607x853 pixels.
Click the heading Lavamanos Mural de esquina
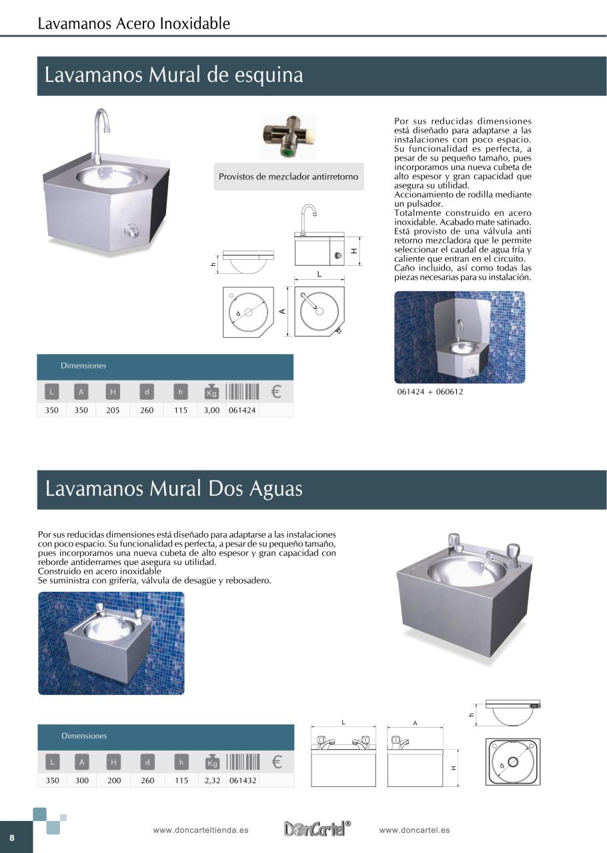(x=173, y=75)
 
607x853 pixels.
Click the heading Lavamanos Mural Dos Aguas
(x=173, y=488)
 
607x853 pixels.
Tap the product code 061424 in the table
(x=242, y=411)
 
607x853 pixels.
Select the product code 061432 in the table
(x=243, y=780)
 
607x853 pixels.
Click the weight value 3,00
(x=211, y=411)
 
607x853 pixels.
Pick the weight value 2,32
(x=211, y=780)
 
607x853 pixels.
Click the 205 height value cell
(x=113, y=411)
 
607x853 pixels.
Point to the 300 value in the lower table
(x=81, y=780)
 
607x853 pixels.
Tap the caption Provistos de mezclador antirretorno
(x=288, y=177)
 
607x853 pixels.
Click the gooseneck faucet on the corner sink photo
(x=99, y=130)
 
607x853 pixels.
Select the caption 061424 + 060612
(x=430, y=392)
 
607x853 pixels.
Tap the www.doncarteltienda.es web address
(x=201, y=830)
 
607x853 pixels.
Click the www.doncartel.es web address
(x=414, y=830)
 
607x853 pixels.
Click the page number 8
(x=12, y=838)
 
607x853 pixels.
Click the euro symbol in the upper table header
(x=276, y=392)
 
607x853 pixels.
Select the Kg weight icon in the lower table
(x=212, y=762)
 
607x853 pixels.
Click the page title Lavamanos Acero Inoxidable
(x=134, y=24)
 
